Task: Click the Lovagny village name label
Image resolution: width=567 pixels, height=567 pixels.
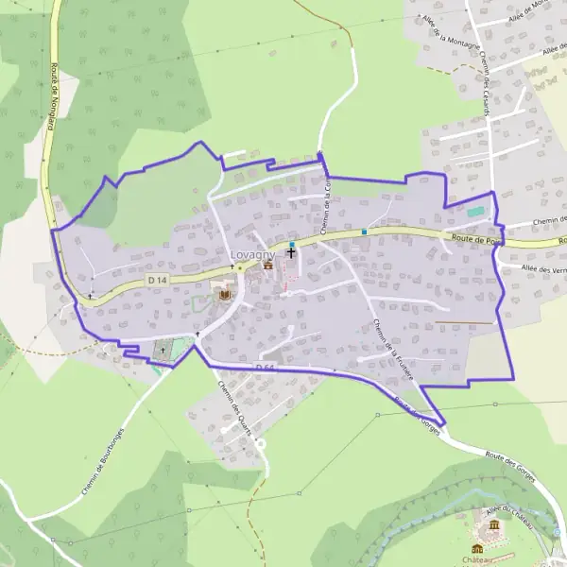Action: click(x=251, y=254)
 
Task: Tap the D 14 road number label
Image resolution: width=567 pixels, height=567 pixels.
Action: click(x=157, y=281)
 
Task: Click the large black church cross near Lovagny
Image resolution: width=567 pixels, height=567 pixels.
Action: click(x=291, y=253)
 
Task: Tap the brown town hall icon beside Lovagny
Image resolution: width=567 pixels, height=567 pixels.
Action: click(x=267, y=266)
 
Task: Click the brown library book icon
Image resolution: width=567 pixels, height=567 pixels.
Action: click(x=225, y=296)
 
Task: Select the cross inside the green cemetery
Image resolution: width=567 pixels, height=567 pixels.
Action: click(x=162, y=351)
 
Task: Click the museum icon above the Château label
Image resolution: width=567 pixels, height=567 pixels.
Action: click(x=492, y=526)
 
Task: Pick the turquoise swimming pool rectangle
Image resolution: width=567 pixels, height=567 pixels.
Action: click(x=475, y=211)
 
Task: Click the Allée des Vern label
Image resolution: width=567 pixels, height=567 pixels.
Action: click(x=542, y=268)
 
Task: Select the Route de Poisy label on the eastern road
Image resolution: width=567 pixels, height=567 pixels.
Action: click(x=474, y=241)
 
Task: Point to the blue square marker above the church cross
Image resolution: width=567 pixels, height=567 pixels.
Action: click(x=292, y=245)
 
